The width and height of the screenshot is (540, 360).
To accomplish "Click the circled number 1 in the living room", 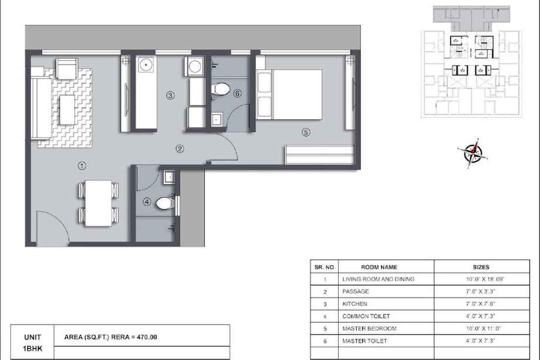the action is point(82,166).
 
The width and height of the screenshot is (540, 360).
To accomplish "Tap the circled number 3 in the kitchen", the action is point(170,95).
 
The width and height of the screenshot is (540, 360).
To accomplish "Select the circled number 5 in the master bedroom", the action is point(306,132).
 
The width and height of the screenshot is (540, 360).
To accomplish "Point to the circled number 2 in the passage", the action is point(180,149).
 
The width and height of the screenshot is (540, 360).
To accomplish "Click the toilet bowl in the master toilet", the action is point(221,89).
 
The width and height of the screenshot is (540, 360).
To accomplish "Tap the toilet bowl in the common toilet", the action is point(165,203).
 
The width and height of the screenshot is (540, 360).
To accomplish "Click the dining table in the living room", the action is point(99,203).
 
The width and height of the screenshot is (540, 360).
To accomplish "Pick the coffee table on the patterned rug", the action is point(67,110).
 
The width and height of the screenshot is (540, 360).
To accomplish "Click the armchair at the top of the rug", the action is point(67,69).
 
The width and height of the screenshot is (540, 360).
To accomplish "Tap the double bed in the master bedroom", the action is point(289,95).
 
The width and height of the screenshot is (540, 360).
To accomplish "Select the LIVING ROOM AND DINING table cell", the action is point(386,279).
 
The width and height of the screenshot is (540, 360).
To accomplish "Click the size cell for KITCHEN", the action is point(482,304).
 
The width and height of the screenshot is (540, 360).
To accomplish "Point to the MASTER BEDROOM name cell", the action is point(386,329).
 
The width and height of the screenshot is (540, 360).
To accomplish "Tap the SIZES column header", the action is point(481,267).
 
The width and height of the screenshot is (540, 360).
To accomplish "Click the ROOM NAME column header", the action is point(379,267).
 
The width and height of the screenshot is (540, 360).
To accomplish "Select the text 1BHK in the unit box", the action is point(32,349).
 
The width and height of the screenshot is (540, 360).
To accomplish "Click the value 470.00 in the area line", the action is point(147,337).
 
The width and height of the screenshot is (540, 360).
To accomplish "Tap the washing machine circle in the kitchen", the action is point(195,66).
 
